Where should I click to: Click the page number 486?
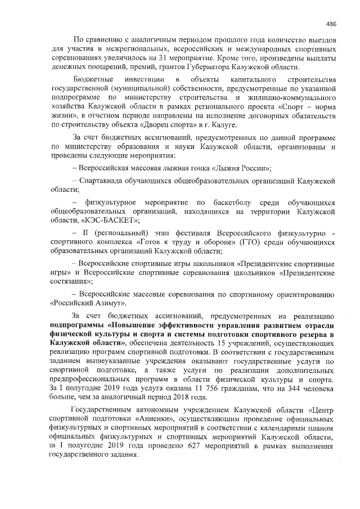click(331, 24)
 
